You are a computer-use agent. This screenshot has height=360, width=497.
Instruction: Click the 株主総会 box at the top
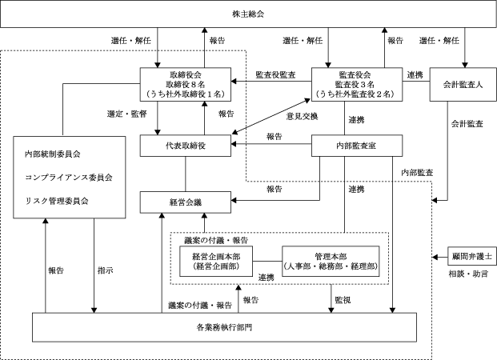[248, 14]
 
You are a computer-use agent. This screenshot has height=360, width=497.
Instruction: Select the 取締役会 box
[186, 84]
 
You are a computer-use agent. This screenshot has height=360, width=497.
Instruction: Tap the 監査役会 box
[357, 84]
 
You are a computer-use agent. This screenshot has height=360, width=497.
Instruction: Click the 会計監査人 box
[463, 84]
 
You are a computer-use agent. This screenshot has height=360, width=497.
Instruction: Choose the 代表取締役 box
[186, 146]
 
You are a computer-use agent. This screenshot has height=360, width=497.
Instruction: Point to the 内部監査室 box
[357, 146]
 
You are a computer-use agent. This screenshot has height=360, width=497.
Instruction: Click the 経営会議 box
[186, 202]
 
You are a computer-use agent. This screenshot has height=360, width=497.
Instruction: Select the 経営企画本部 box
[216, 262]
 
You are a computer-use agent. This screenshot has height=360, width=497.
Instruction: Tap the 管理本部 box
[331, 262]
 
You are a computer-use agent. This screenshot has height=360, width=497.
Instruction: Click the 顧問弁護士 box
[472, 256]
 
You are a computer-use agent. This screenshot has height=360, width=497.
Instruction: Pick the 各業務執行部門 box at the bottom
[224, 327]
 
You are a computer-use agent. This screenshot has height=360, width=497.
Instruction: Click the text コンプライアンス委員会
[69, 178]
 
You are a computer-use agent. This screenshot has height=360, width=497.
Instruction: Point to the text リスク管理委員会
[57, 201]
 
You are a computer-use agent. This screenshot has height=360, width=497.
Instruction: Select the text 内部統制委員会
[53, 154]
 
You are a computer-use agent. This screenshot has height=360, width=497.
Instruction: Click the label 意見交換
[302, 116]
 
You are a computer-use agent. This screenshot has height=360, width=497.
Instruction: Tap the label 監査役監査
[275, 74]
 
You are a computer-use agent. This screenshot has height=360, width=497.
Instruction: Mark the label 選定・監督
[126, 114]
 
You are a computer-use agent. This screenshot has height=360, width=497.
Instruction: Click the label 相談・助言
[468, 274]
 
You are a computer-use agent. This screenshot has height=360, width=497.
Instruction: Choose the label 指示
[106, 270]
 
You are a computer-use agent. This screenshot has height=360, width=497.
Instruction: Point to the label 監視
[343, 300]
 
